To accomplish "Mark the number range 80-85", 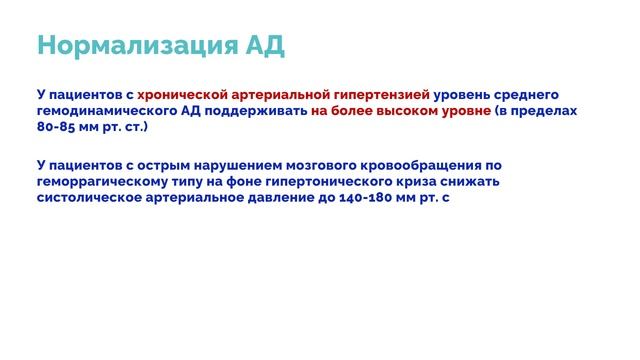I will pos(56,128).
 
